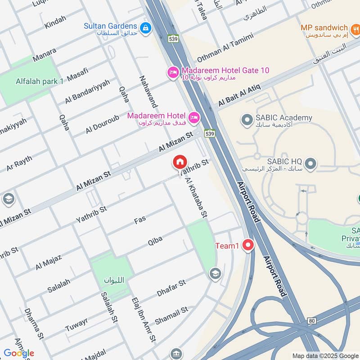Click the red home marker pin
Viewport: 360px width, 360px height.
pos(180,162)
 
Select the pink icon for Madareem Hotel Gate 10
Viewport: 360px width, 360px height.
pos(173,72)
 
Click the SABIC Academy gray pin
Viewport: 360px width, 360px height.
pos(246,120)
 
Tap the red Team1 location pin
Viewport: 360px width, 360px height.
pos(247,245)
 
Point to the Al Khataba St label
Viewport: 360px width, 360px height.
pos(197,198)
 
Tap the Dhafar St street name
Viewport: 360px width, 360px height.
pos(171,288)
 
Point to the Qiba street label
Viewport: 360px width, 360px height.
pos(155,241)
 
